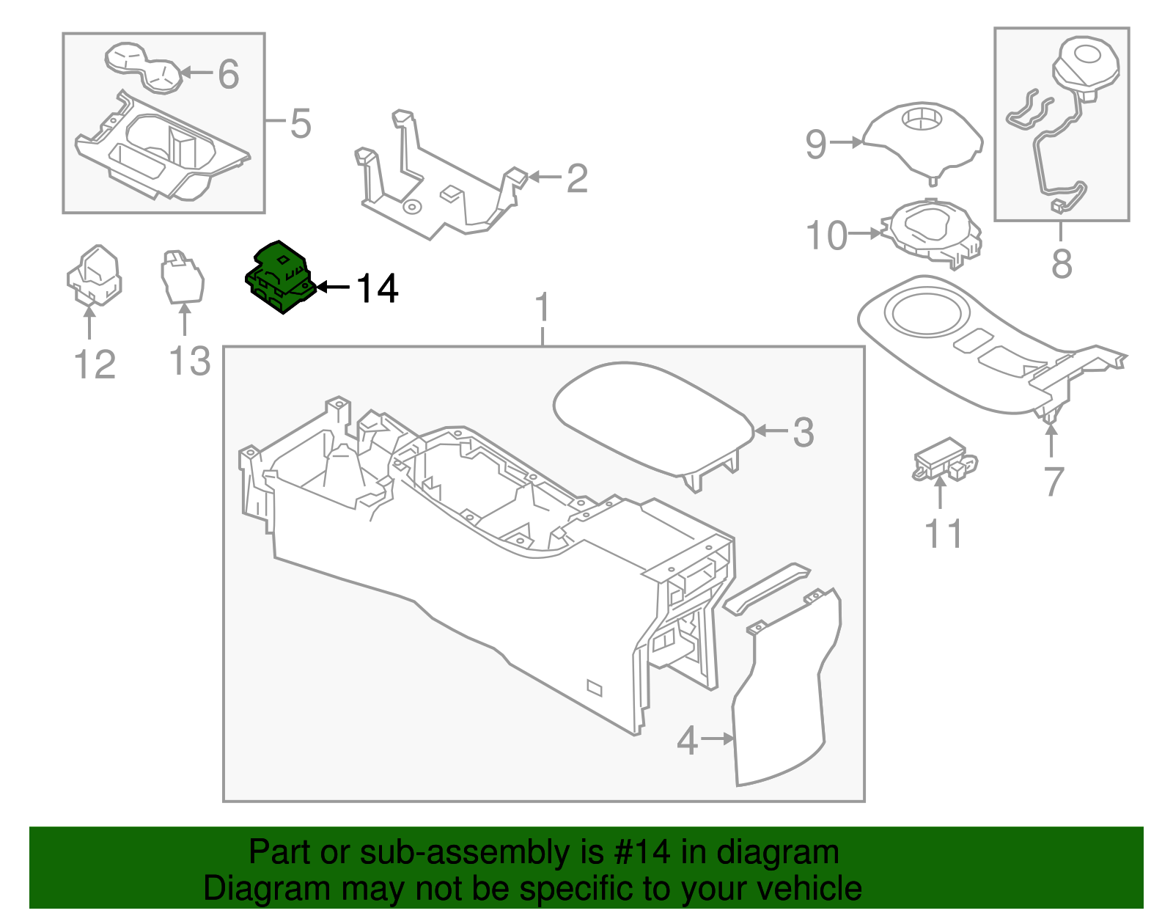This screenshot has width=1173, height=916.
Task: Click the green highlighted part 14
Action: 279,277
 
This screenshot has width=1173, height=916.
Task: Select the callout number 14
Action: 377,289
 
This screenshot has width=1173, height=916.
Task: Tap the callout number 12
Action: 95,364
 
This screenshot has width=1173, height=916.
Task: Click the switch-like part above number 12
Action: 95,275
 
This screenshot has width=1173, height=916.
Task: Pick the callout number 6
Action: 228,74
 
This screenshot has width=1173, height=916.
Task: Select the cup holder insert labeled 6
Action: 144,67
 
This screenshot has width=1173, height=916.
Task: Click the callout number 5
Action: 301,123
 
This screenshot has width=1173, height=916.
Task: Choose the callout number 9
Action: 815,144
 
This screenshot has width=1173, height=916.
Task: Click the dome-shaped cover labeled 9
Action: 922,139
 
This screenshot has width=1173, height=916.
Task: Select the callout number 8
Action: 1061,263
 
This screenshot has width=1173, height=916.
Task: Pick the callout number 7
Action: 1054,482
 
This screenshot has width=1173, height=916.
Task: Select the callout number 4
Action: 687,741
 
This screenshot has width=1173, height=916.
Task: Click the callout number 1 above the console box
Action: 543,308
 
